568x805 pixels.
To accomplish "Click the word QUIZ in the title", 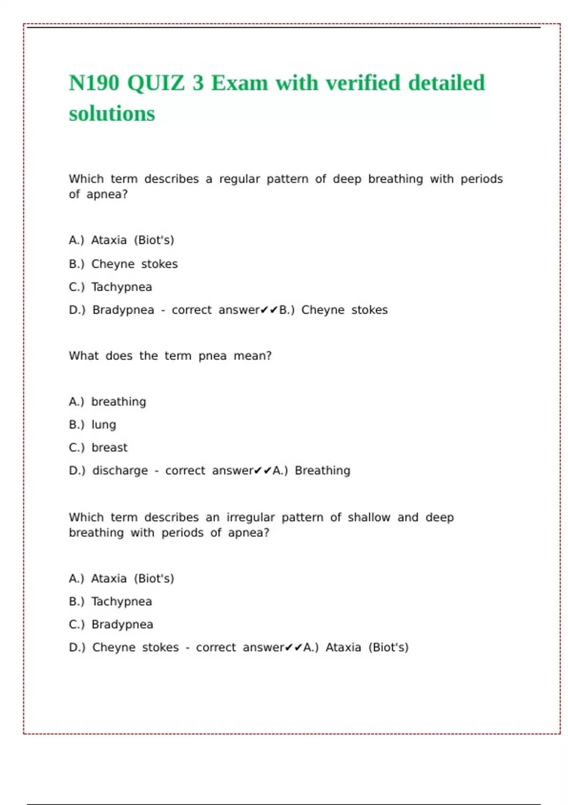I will (156, 83).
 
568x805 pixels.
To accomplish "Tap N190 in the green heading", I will (94, 83).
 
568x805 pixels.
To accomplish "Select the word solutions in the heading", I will (112, 114).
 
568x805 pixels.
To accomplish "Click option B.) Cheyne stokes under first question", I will (123, 264).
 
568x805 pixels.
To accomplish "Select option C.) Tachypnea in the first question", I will (110, 287).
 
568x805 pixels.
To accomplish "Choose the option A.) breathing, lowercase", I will (107, 402).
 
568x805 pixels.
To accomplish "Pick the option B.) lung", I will (92, 425).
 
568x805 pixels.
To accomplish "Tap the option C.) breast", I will (98, 447).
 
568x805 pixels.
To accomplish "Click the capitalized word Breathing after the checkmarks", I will (322, 471).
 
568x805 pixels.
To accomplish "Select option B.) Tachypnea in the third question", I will (110, 601).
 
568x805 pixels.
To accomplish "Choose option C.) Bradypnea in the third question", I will (111, 625).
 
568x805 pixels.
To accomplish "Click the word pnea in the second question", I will (213, 356).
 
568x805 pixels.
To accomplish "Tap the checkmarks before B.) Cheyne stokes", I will (269, 310).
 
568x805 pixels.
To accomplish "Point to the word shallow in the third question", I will (369, 517).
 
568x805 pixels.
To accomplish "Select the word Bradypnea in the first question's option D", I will (123, 310).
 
